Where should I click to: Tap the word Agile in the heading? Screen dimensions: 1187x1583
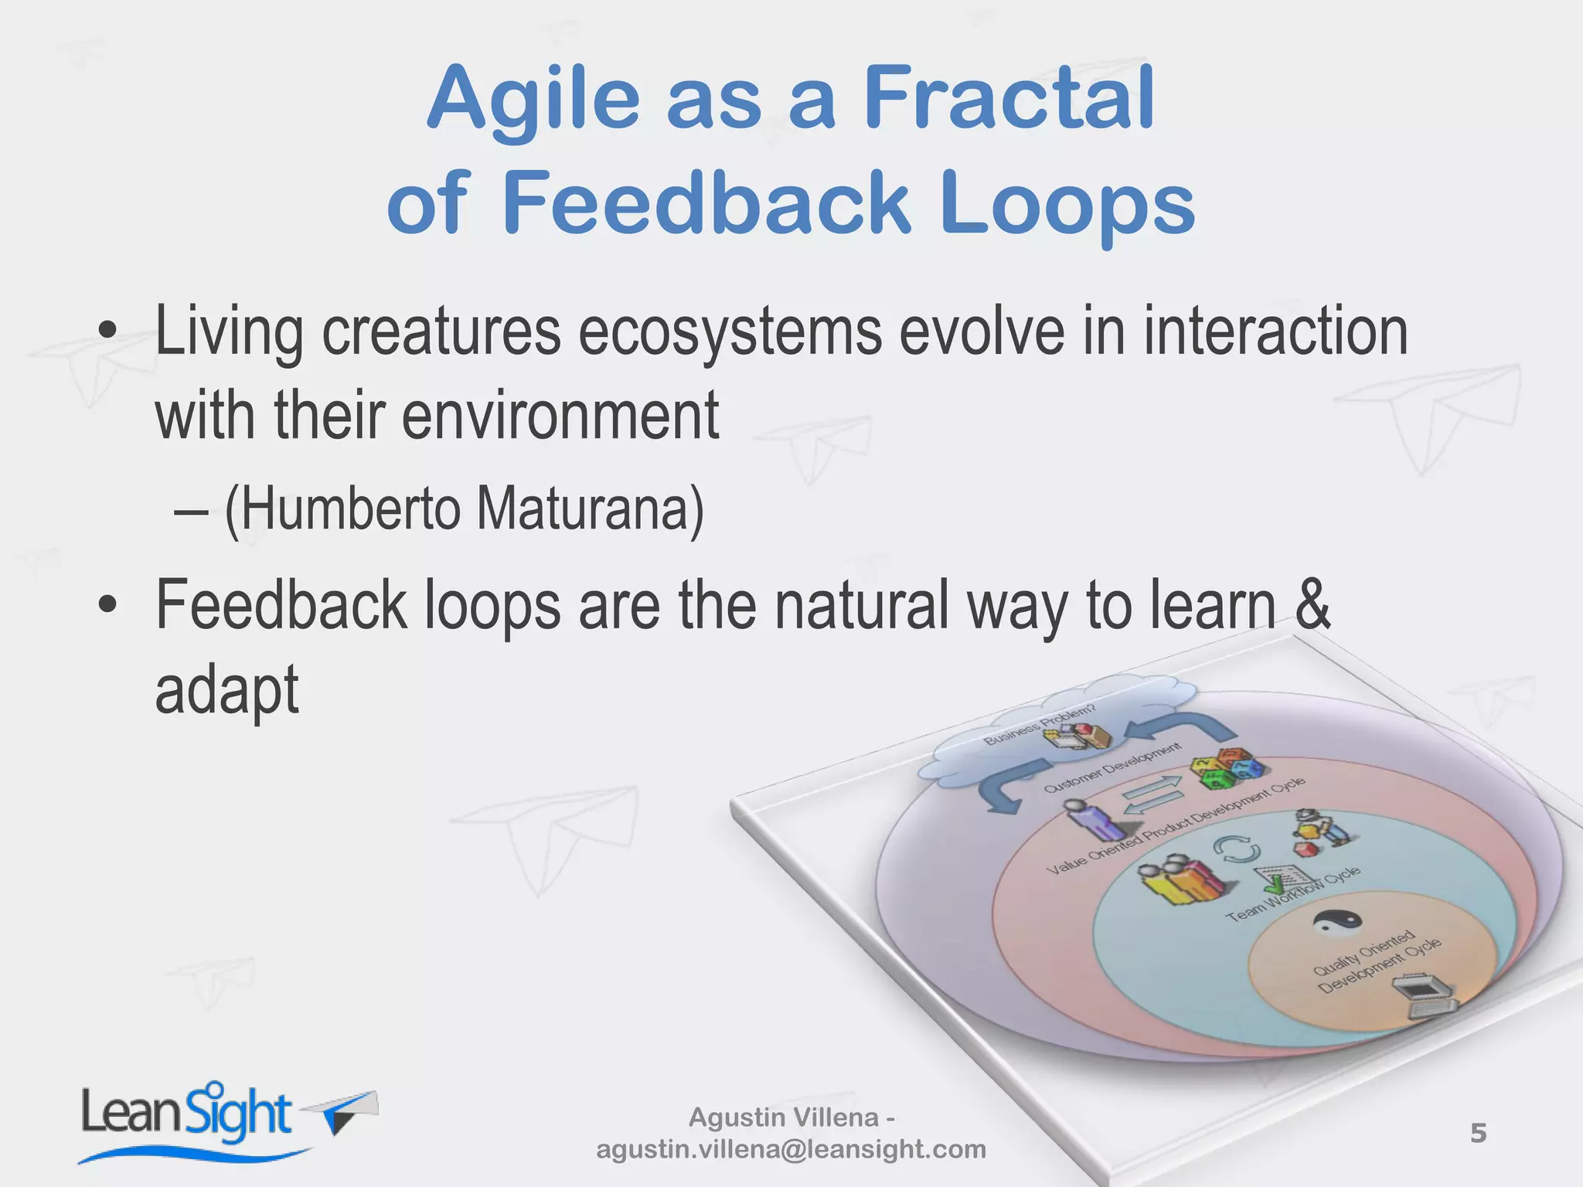coord(533,100)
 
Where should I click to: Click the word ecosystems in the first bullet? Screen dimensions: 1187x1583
coord(730,332)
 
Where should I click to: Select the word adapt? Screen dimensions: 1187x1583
coord(226,689)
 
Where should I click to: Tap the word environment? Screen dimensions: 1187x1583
coord(560,416)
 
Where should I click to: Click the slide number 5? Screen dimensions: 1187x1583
coord(1478,1133)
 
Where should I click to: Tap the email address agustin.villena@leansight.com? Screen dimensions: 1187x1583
coord(791,1149)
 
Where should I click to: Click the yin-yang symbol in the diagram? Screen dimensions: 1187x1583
coord(1337,921)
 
